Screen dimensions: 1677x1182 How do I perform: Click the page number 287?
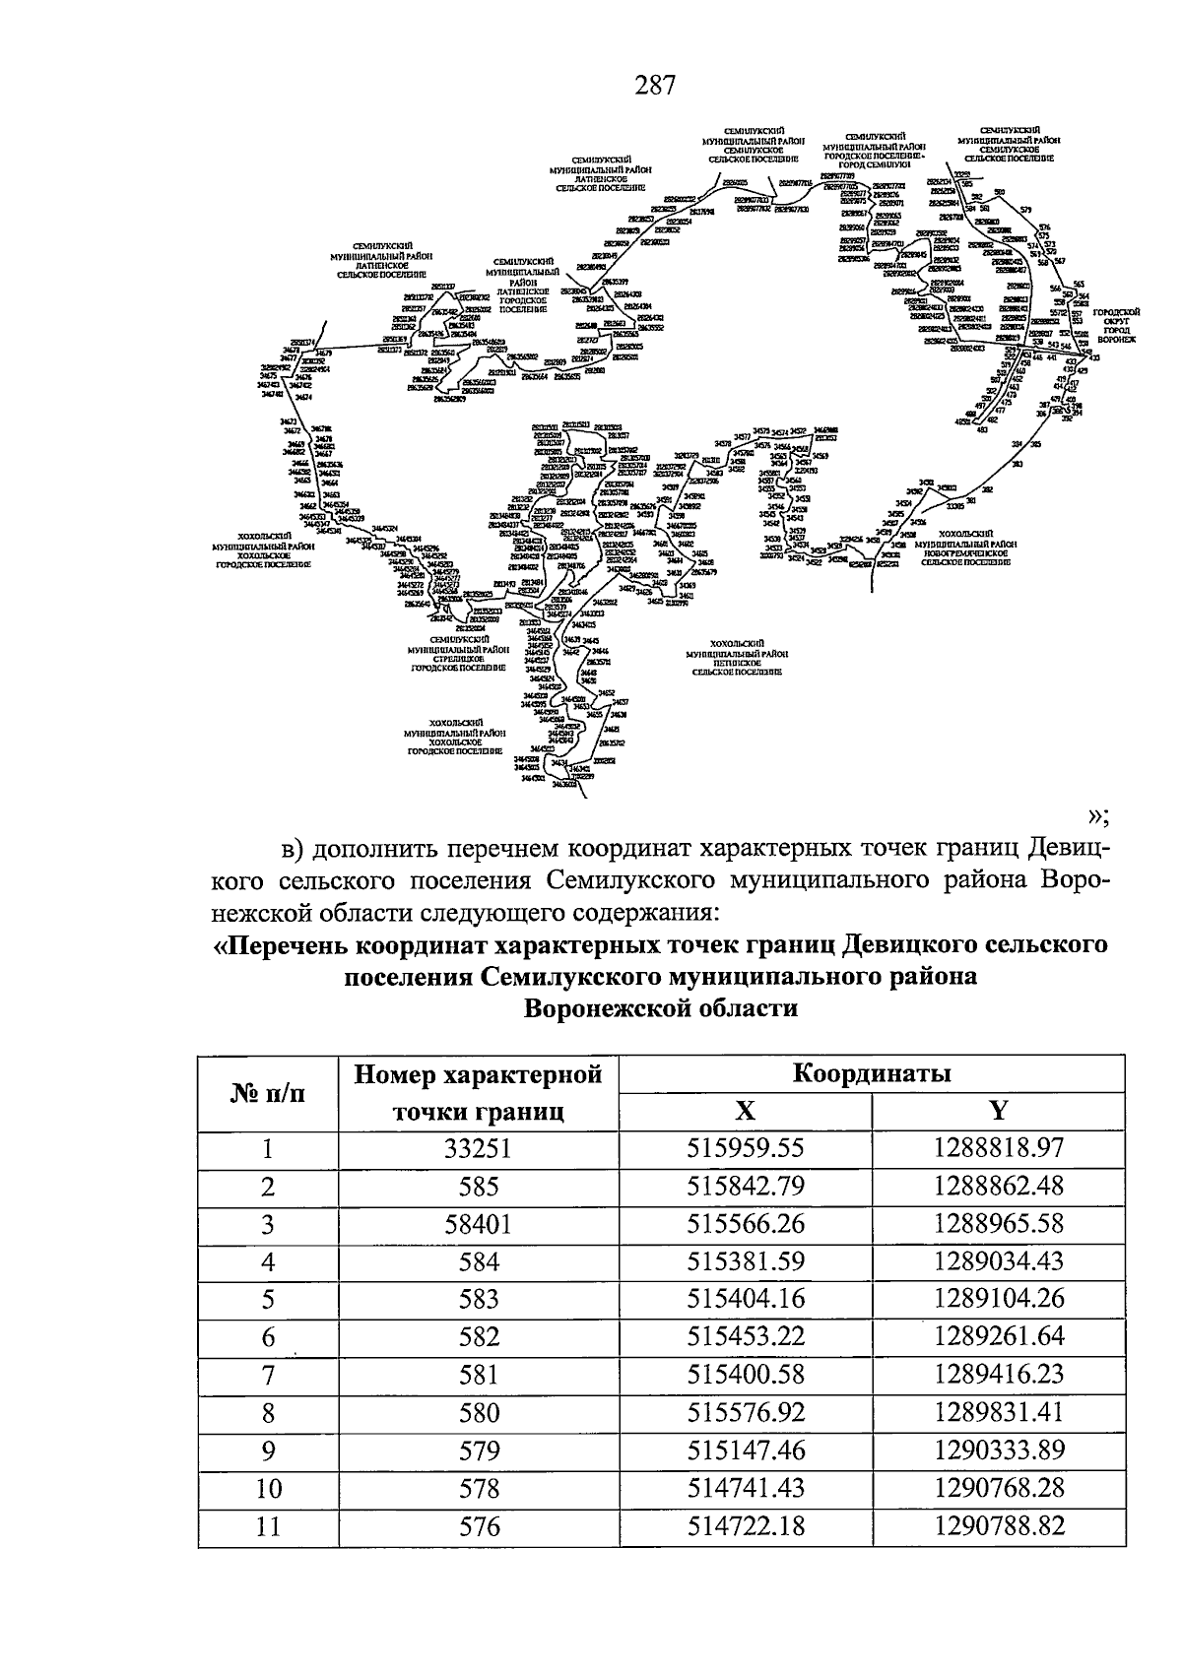pyautogui.click(x=655, y=86)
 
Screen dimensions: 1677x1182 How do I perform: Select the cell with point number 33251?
pyautogui.click(x=479, y=1149)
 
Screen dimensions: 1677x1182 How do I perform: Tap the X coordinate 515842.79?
pyautogui.click(x=746, y=1187)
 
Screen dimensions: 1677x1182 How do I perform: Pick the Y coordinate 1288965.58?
pyautogui.click(x=999, y=1224)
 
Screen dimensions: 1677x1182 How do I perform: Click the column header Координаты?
pyautogui.click(x=872, y=1073)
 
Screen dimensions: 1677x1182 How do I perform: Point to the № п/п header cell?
pyautogui.click(x=268, y=1093)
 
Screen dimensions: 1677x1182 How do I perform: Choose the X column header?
pyautogui.click(x=746, y=1112)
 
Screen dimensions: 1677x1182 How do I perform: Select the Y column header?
pyautogui.click(x=999, y=1112)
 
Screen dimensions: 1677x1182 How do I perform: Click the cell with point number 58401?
pyautogui.click(x=479, y=1224)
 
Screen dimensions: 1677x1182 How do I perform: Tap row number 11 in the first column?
pyautogui.click(x=268, y=1527)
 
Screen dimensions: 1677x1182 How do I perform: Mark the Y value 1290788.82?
pyautogui.click(x=999, y=1527)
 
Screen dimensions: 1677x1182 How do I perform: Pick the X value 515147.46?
pyautogui.click(x=746, y=1451)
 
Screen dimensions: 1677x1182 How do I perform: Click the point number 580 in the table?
pyautogui.click(x=479, y=1414)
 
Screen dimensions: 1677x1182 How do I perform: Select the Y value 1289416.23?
pyautogui.click(x=999, y=1376)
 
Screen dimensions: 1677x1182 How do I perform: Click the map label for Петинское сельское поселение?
pyautogui.click(x=737, y=662)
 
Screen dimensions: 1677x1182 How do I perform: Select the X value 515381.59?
pyautogui.click(x=746, y=1262)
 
